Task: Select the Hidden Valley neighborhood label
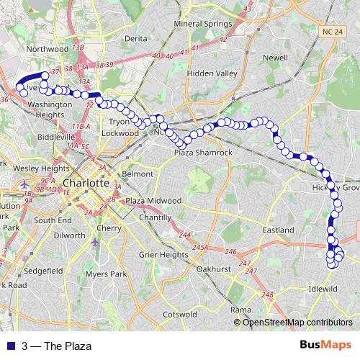point(212,73)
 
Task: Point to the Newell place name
point(275,57)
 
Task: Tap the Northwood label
point(46,49)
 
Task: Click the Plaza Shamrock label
point(203,153)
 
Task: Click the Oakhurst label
point(212,269)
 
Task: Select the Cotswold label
point(180,315)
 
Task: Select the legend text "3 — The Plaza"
point(57,346)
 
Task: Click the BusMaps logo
point(325,346)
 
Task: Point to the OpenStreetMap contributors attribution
point(297,322)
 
